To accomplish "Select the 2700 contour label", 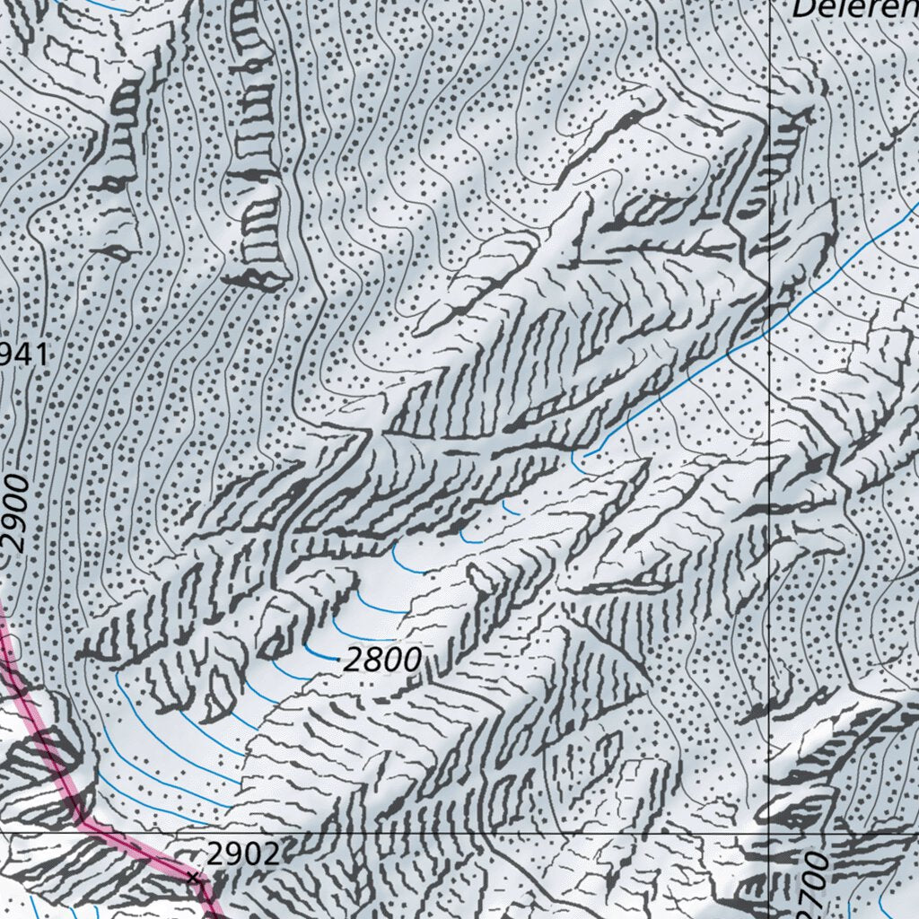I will coord(812,884).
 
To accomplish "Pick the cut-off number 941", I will coord(22,355).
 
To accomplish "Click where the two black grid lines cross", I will coord(771,832).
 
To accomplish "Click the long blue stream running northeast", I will coord(718,359).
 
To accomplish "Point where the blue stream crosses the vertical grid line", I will coord(771,327).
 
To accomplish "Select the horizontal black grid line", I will coord(449,832).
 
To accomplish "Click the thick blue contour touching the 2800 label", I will coord(319,652).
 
